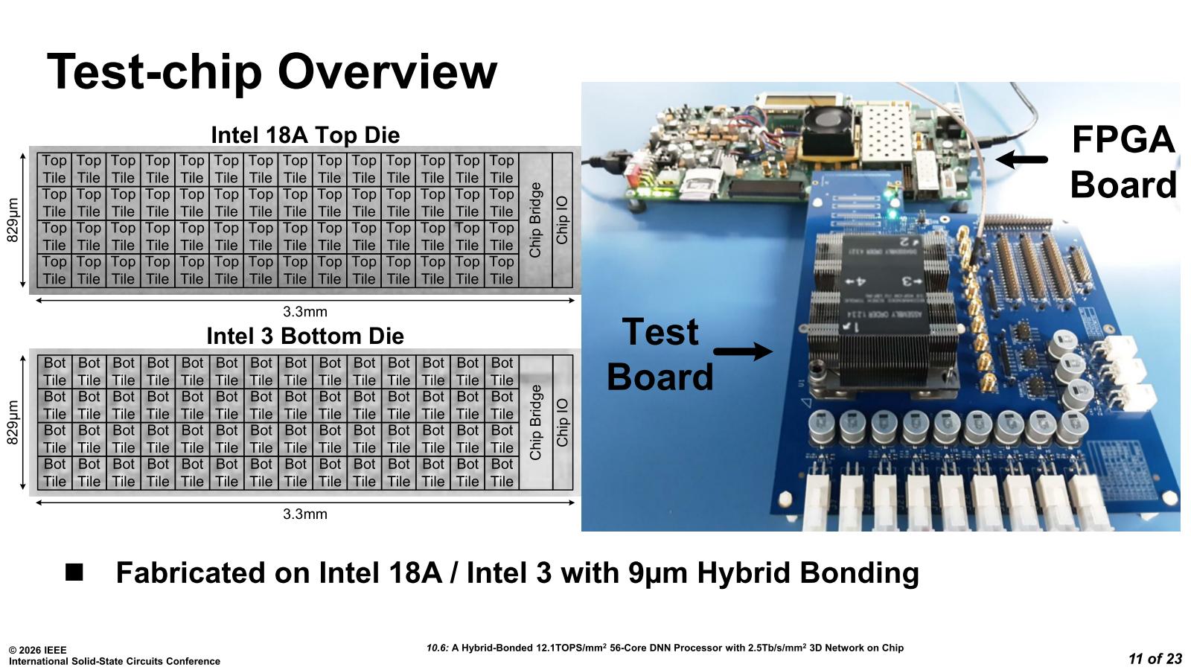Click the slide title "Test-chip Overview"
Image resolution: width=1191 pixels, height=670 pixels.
click(272, 72)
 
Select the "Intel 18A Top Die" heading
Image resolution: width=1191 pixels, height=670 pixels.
click(305, 135)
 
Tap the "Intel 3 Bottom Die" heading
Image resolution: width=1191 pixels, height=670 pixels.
click(305, 336)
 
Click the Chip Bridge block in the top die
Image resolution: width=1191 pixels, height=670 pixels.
click(535, 220)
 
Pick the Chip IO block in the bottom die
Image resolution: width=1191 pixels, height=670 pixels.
click(563, 422)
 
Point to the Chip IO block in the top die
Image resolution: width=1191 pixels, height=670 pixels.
click(563, 220)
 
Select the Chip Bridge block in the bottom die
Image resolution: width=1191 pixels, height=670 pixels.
click(535, 422)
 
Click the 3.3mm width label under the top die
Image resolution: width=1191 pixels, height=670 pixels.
click(305, 312)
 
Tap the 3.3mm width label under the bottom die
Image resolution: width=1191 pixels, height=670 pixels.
click(305, 514)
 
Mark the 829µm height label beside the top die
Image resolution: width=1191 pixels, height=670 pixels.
click(13, 220)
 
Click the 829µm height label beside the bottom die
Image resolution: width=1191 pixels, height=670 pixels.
click(13, 422)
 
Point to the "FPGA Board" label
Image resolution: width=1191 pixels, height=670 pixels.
click(1123, 162)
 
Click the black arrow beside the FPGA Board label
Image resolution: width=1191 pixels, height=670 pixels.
click(1021, 159)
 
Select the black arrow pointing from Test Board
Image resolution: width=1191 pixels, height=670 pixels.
click(743, 351)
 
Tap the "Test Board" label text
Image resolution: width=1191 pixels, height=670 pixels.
click(660, 354)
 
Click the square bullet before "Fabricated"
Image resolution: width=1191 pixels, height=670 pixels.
click(74, 572)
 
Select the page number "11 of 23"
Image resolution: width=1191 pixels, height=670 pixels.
click(1155, 658)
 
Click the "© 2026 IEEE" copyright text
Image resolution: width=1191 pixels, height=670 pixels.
click(38, 650)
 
